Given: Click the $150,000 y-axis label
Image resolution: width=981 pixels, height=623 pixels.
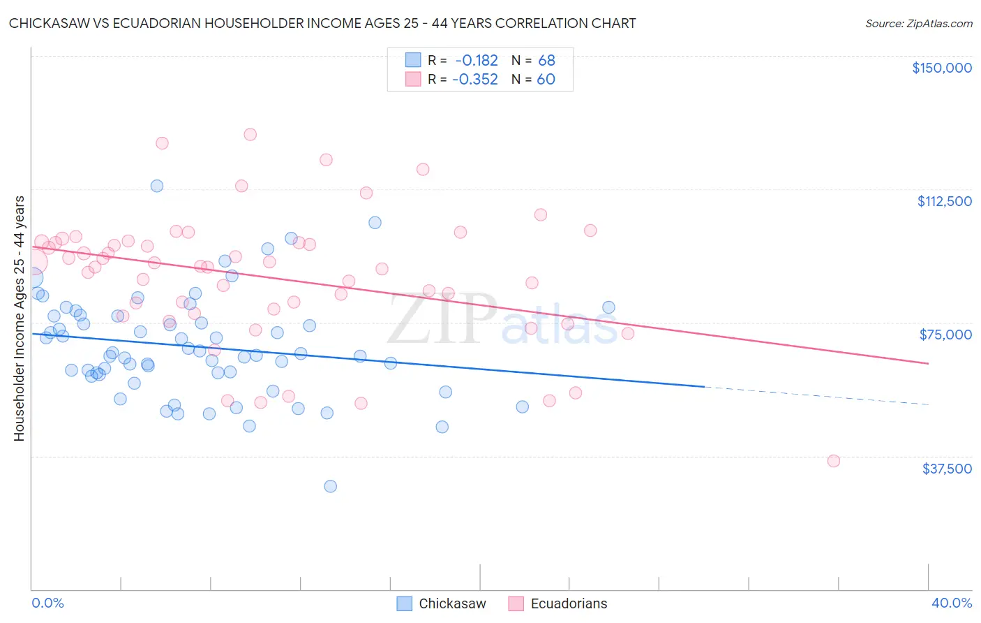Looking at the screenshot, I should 941,68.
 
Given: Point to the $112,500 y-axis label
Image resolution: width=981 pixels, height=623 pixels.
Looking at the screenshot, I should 944,201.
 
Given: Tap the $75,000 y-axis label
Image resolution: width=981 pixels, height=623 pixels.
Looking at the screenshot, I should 945,335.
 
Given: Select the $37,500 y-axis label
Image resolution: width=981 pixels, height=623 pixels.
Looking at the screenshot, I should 946,469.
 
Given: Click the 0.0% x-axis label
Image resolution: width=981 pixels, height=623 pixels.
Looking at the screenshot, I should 47,603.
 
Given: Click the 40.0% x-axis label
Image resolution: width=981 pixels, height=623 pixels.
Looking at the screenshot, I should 951,603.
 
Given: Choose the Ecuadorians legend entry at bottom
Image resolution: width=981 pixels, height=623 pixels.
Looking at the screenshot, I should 557,603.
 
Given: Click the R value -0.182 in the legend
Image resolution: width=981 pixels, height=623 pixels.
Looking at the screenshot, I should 477,61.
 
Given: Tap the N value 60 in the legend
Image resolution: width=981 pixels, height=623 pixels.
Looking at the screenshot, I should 546,80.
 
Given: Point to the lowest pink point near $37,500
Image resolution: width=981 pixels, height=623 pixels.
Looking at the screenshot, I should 833,461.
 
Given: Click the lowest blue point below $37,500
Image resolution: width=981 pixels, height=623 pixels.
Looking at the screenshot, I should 331,486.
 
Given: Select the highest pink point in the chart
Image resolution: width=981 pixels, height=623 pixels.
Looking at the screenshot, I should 250,134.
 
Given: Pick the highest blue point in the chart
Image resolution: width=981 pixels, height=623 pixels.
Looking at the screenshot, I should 157,186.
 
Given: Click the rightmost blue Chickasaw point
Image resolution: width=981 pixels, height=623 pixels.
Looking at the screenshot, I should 608,307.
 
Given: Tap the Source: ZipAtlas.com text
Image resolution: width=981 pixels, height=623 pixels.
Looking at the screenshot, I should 918,23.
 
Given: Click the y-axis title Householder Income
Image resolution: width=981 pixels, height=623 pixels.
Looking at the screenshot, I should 20,318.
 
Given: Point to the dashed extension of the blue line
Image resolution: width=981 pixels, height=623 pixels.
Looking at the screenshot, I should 816,395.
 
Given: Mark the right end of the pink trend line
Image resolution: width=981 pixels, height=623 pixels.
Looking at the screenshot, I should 928,363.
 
